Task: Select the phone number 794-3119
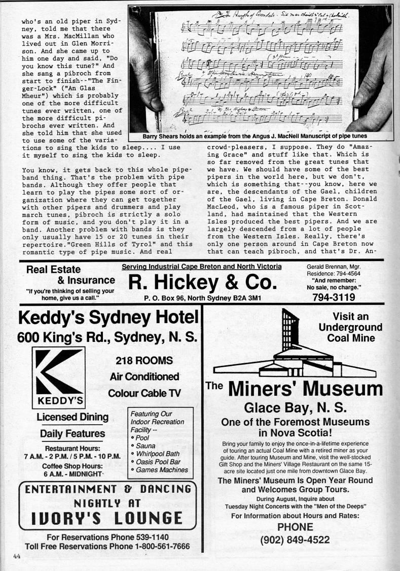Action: (333, 297)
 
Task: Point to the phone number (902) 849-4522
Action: (295, 540)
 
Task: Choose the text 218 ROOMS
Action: (144, 361)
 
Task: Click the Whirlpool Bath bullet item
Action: (158, 453)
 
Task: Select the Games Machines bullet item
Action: (160, 470)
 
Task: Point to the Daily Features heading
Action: (72, 434)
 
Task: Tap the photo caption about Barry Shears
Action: (247, 136)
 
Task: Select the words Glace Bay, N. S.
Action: (295, 407)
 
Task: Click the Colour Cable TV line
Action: (144, 393)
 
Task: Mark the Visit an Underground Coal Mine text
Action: (350, 327)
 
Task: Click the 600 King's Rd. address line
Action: (107, 336)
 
